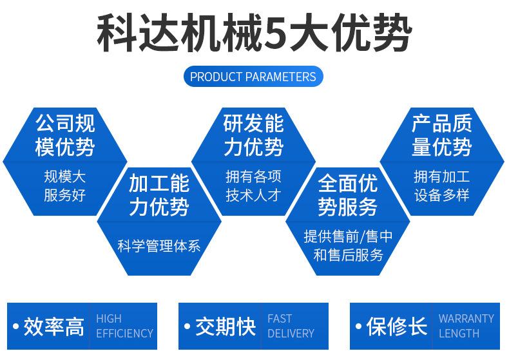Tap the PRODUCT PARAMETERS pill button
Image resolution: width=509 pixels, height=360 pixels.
coord(253,77)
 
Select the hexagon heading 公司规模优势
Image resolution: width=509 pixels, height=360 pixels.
coord(64,135)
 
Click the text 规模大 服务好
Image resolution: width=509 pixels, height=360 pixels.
coord(64,185)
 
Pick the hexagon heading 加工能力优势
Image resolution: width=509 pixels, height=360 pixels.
coord(159,196)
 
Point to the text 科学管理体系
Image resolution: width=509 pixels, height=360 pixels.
coord(159,245)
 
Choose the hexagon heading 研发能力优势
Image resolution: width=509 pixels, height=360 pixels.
coord(253,135)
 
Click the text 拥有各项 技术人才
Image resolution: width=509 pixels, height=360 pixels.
coord(253,185)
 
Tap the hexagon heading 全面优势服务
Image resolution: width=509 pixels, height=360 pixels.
coord(348,196)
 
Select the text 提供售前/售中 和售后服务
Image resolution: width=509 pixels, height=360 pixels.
coord(348,245)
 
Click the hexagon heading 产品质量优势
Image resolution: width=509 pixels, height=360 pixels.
coord(442,135)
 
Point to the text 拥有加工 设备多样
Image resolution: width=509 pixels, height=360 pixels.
coord(442,185)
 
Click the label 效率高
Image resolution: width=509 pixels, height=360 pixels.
coord(54,327)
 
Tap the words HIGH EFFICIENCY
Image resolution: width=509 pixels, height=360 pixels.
coord(124,326)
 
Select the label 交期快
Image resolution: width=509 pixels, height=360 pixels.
coord(226,327)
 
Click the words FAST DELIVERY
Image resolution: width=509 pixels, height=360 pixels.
coord(291,326)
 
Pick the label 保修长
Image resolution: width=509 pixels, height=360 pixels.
coord(397,327)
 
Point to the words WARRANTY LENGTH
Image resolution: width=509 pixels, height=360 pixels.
coord(466,326)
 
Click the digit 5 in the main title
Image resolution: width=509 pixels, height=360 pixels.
coord(276,33)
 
